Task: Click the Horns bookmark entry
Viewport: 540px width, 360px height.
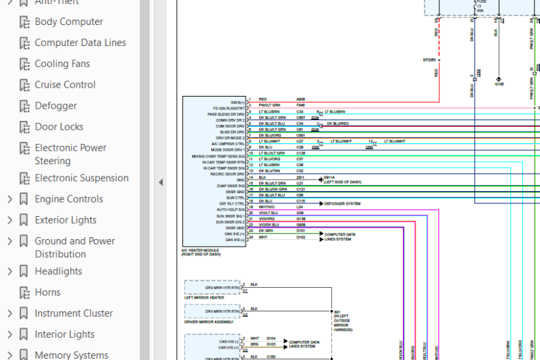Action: click(47, 292)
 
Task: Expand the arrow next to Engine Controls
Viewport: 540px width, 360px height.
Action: click(9, 199)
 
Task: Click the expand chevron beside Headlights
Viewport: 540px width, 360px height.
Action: click(9, 272)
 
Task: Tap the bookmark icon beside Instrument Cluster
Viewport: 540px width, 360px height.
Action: click(24, 313)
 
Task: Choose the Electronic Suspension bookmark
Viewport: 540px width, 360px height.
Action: click(81, 178)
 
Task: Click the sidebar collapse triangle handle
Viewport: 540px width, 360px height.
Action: click(161, 182)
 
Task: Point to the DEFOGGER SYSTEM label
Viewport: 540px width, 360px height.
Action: click(342, 203)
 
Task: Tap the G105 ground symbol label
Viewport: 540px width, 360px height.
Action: click(499, 84)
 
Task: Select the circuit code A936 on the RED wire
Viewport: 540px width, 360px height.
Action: click(300, 99)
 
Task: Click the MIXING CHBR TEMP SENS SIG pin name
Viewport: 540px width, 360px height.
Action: click(217, 156)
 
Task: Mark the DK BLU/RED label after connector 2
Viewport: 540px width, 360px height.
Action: click(337, 124)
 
